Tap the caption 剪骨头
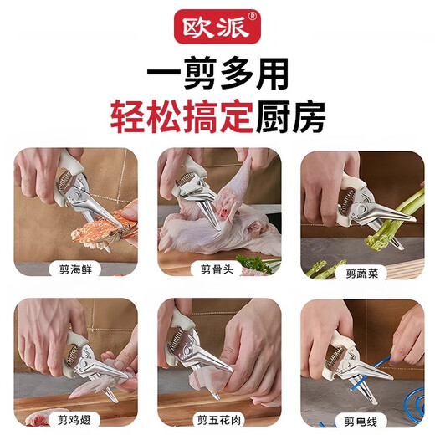pos(216,269)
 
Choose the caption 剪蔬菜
pos(362,272)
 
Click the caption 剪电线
pos(362,418)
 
